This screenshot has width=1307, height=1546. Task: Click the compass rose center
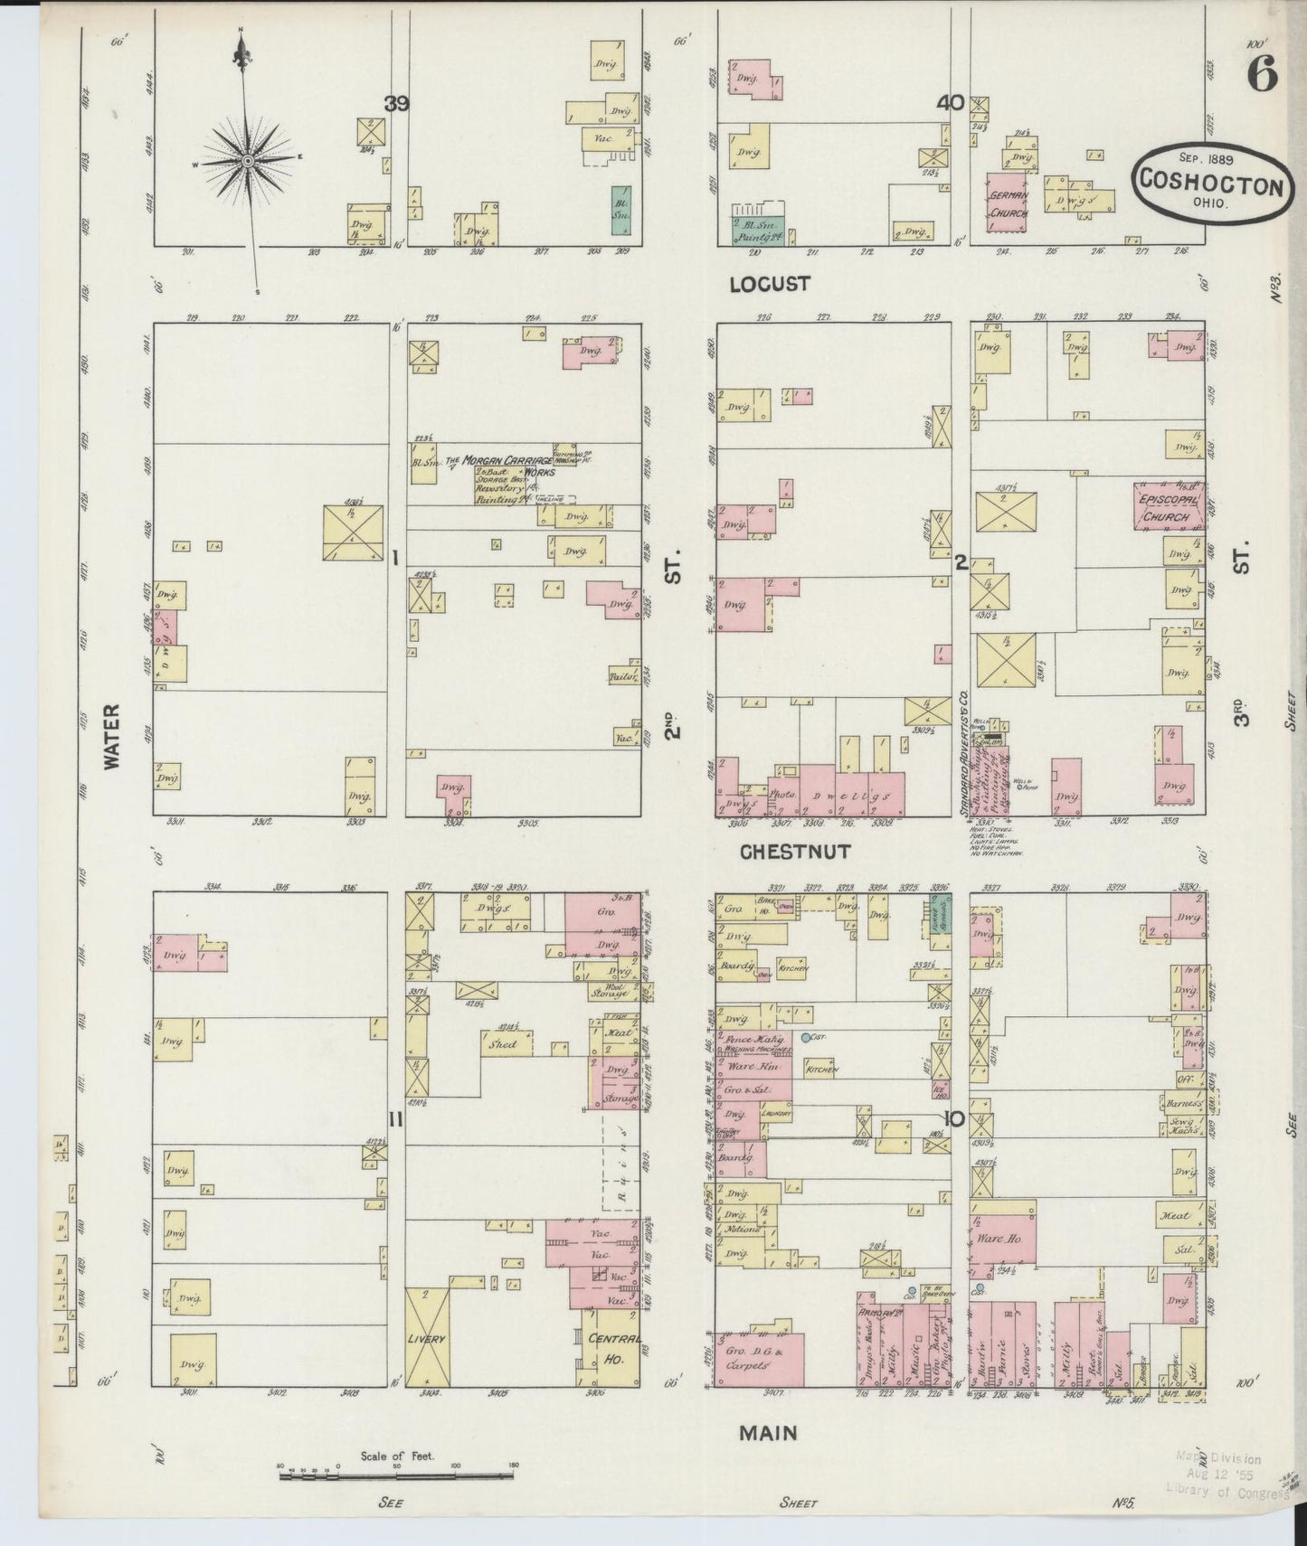click(245, 161)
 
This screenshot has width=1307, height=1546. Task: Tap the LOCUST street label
click(770, 284)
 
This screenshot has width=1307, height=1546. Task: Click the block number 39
click(396, 104)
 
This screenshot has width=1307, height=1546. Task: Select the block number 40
click(950, 104)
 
